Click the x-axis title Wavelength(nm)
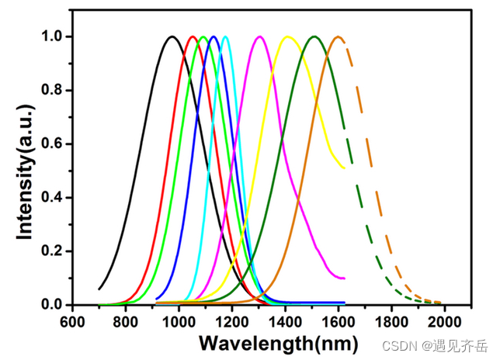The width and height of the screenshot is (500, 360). coord(277,342)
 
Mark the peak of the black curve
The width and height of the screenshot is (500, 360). coord(172,36)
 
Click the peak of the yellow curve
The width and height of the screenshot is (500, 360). coord(288,36)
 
